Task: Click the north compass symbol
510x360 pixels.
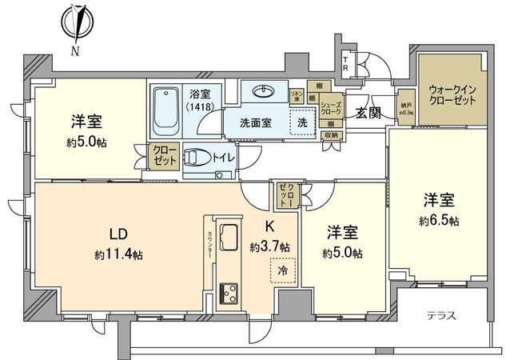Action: tap(77, 25)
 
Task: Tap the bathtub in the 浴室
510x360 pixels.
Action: tap(166, 110)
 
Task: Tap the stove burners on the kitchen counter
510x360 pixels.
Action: tap(229, 290)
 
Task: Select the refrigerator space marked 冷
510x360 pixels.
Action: tap(281, 272)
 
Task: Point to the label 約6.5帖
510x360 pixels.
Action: tap(441, 220)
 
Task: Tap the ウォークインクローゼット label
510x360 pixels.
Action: tap(452, 97)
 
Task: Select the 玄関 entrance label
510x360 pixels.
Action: tap(369, 111)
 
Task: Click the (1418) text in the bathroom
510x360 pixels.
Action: tap(196, 106)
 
